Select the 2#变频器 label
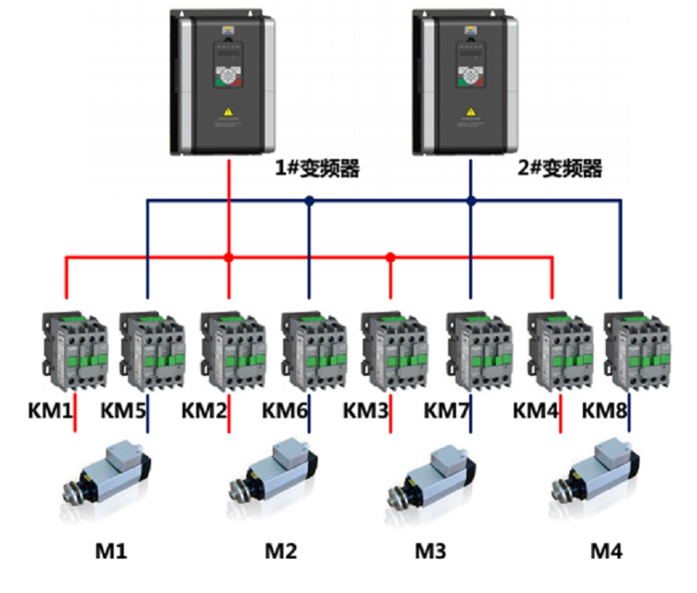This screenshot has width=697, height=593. pyautogui.click(x=562, y=170)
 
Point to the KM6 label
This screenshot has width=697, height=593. pyautogui.click(x=287, y=409)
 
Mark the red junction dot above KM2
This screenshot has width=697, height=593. pyautogui.click(x=229, y=257)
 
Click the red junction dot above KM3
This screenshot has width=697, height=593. pyautogui.click(x=390, y=257)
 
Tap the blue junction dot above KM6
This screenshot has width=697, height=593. pyautogui.click(x=309, y=200)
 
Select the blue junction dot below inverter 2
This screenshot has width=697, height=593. pyautogui.click(x=471, y=200)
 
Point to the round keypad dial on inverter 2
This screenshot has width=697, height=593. pyautogui.click(x=470, y=77)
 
